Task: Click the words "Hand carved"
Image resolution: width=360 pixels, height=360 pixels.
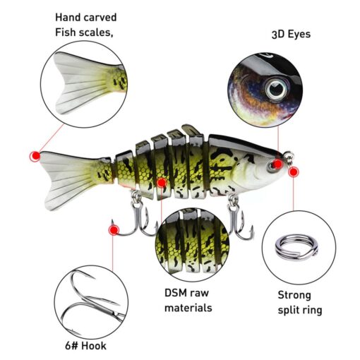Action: pyautogui.click(x=86, y=18)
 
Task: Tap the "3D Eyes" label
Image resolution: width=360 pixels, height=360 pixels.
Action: pyautogui.click(x=291, y=35)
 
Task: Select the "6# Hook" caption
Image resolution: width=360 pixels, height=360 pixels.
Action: pyautogui.click(x=85, y=346)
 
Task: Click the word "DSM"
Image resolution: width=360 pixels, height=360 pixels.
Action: pyautogui.click(x=175, y=293)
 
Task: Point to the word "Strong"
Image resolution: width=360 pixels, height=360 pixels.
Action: pyautogui.click(x=294, y=296)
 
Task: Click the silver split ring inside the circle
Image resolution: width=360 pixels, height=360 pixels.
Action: pyautogui.click(x=296, y=247)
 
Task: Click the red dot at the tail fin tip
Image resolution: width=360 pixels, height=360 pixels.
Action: pyautogui.click(x=35, y=156)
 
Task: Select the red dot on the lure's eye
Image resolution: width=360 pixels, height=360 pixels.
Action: pyautogui.click(x=277, y=164)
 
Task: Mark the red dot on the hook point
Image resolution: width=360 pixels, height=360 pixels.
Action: pyautogui.click(x=114, y=230)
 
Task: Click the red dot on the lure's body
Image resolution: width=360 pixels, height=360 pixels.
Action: pyautogui.click(x=162, y=183)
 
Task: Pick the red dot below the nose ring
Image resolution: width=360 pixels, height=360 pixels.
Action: pyautogui.click(x=294, y=172)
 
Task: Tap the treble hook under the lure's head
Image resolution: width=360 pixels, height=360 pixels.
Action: pyautogui.click(x=239, y=220)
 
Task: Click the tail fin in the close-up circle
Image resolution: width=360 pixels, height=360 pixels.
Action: pyautogui.click(x=85, y=83)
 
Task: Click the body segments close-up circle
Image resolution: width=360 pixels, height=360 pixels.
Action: pyautogui.click(x=193, y=245)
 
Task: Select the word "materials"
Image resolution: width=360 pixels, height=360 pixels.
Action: pyautogui.click(x=188, y=308)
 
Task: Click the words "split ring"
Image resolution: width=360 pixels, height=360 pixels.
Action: pyautogui.click(x=300, y=311)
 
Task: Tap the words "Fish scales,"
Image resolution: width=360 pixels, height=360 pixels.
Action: pyautogui.click(x=84, y=32)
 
